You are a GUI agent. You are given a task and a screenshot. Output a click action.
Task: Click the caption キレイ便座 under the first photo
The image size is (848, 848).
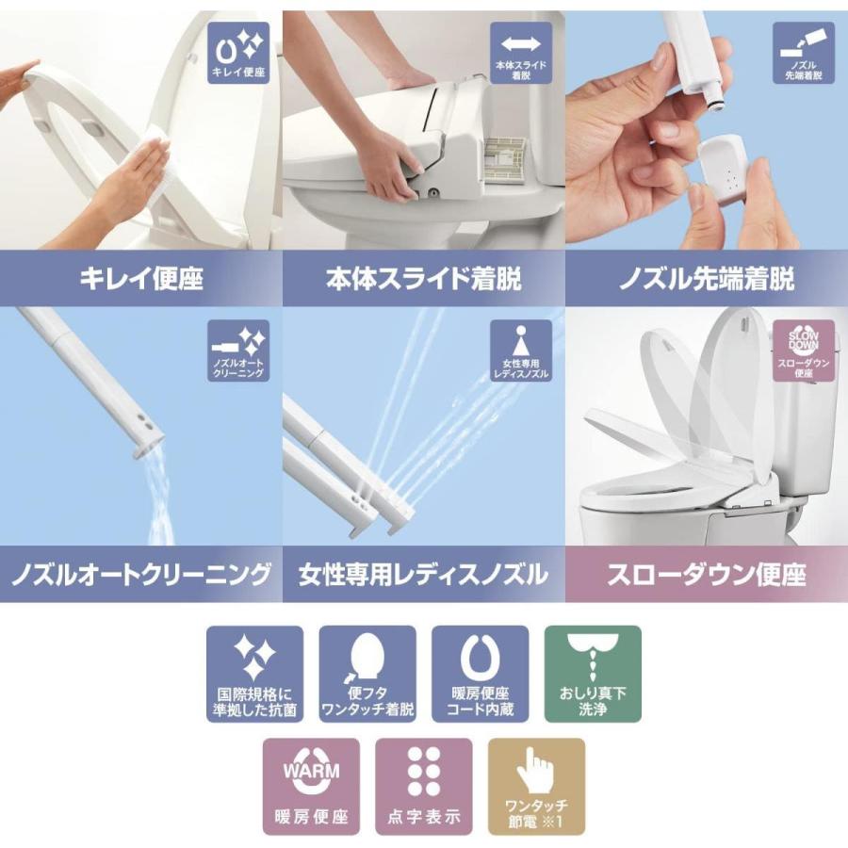(141, 279)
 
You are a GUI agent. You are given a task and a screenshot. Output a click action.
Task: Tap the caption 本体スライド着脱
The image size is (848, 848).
(424, 279)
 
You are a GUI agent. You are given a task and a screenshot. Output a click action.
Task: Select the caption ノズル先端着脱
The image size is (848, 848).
(707, 279)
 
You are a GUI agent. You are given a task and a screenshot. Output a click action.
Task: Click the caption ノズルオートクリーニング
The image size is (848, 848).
(141, 574)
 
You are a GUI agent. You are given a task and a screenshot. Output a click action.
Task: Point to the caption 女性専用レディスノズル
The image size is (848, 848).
(424, 574)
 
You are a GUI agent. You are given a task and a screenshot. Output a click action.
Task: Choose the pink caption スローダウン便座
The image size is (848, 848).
(707, 574)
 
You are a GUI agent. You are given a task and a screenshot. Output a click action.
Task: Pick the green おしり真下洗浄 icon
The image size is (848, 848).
(593, 675)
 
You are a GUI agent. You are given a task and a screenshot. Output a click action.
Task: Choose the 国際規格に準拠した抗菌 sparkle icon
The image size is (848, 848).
(255, 675)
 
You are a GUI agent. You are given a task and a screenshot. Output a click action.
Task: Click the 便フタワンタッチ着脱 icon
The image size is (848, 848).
(367, 675)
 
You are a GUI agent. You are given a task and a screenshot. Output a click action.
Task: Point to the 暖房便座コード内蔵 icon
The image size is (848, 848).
(481, 675)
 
